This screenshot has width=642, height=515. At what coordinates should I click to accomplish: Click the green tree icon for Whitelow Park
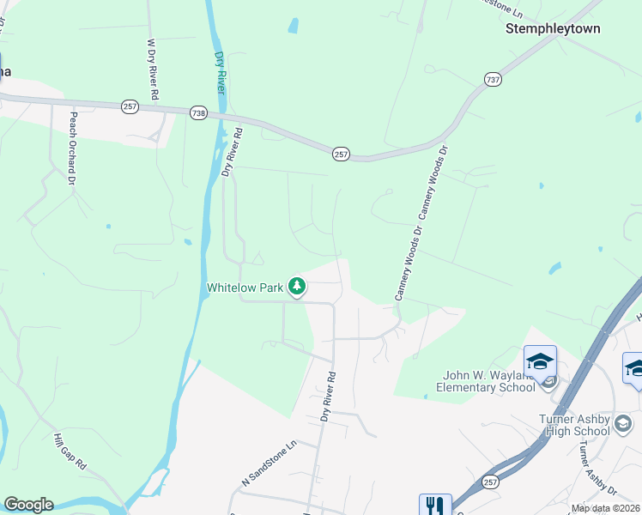click(296, 286)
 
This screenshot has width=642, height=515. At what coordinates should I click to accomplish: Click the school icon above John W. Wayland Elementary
click(540, 361)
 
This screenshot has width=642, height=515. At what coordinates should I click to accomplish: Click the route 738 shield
click(198, 112)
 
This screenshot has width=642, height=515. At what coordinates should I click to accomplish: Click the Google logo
click(28, 504)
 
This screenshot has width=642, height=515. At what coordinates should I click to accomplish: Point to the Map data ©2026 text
click(606, 508)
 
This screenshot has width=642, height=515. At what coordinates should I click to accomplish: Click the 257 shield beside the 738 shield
click(130, 106)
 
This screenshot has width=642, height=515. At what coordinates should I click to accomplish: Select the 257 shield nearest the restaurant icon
click(489, 481)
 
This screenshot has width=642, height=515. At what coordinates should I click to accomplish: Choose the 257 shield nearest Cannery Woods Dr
click(341, 153)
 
